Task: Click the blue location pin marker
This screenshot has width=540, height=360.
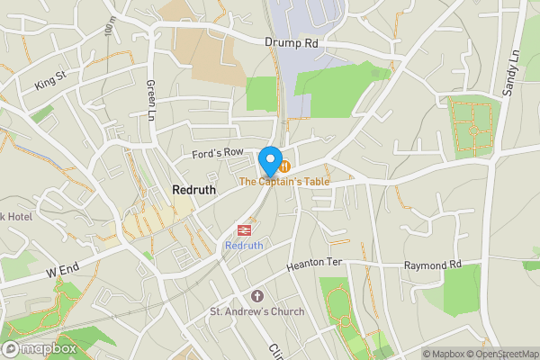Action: click(269, 160)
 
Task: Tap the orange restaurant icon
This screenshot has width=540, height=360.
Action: click(283, 166)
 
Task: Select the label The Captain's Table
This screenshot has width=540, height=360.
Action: click(284, 181)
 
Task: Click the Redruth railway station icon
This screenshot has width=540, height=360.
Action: click(243, 230)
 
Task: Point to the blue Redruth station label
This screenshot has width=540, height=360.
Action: click(243, 245)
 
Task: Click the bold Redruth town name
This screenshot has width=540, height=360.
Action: click(193, 190)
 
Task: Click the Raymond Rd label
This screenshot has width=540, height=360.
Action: click(432, 265)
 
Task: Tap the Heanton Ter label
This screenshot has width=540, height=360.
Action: click(316, 265)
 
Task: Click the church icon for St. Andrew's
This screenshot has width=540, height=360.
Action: click(257, 296)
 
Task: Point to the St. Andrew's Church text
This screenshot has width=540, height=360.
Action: click(257, 311)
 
